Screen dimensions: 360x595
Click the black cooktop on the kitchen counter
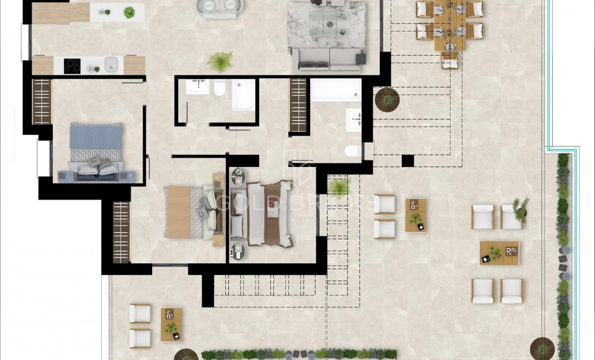[x=73, y=66]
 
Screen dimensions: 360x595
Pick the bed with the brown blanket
[x=262, y=213]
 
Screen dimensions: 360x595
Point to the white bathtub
[x=336, y=90]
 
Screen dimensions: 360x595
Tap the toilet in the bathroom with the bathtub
[x=353, y=151]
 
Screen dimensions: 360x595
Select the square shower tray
[x=243, y=95]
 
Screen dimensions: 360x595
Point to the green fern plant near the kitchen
[x=220, y=61]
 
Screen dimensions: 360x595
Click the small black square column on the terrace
[x=408, y=160]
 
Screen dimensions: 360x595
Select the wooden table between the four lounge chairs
[x=499, y=252]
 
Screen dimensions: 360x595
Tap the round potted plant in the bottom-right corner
[x=542, y=348]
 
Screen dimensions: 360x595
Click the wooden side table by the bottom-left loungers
[x=171, y=324]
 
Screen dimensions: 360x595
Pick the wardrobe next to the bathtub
[x=298, y=105]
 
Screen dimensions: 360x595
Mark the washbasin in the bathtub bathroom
[x=355, y=120]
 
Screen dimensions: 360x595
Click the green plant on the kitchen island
[x=129, y=12]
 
